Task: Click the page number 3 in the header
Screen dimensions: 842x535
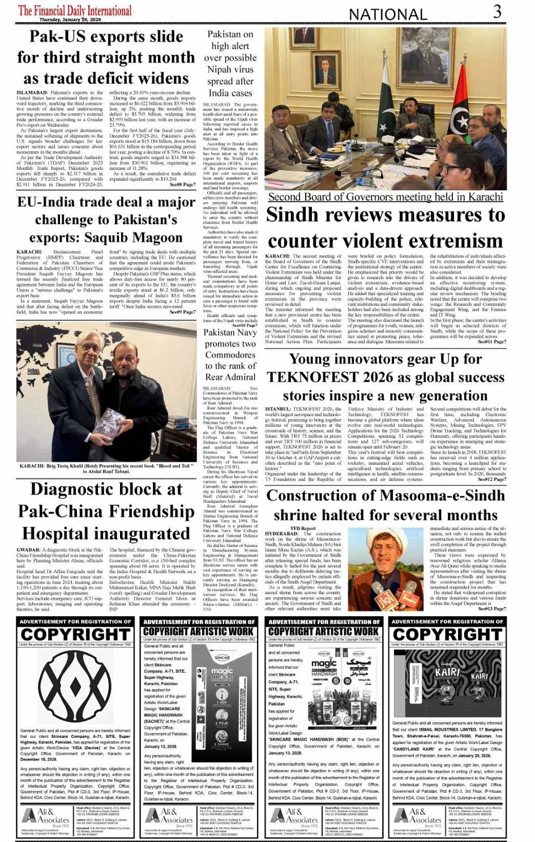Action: [x=497, y=11]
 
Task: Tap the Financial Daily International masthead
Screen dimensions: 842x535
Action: [x=75, y=10]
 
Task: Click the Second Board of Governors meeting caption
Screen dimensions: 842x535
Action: [x=385, y=197]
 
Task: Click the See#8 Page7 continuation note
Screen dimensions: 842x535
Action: [x=182, y=184]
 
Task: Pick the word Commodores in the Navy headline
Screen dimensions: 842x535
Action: [x=230, y=355]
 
